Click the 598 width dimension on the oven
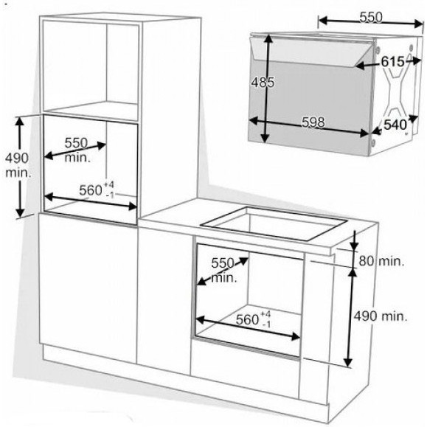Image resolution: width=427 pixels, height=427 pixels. coord(313,122)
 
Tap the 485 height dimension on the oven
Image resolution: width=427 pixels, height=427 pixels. coord(263,82)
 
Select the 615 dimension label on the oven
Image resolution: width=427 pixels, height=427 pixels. coord(392,62)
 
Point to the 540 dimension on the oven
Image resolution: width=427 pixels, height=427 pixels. coord(395,125)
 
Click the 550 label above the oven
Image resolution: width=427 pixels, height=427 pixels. coord(371,17)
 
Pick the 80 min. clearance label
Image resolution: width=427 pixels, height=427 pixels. coord(381,261)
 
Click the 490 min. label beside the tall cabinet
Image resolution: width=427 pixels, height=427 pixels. coord(18,165)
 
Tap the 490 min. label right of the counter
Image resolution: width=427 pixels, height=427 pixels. coord(381,316)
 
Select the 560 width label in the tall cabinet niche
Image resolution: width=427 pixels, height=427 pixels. coord(91,190)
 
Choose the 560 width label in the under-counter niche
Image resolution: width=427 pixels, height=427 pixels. coord(247,319)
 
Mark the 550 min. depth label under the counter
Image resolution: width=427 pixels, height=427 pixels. coord(223,271)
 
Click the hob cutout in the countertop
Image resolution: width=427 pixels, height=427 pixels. coord(274,223)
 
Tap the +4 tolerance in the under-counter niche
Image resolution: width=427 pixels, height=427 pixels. coord(265,314)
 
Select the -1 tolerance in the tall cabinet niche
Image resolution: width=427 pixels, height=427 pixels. coord(109,195)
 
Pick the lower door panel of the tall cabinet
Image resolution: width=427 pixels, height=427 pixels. coord(88,288)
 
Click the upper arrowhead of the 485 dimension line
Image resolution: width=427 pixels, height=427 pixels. coord(268,39)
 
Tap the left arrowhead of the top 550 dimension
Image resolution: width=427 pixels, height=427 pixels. coord(323,21)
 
